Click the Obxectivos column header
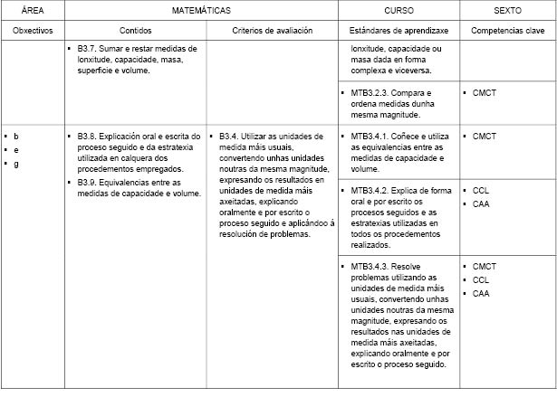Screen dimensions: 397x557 coord(33,30)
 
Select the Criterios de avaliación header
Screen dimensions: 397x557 coord(273,30)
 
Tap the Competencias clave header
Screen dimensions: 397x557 coord(508,30)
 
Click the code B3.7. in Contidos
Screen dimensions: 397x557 coord(90,47)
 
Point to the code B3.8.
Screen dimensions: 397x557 coord(90,137)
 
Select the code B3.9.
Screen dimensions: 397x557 coord(90,182)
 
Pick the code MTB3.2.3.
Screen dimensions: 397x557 coord(369,92)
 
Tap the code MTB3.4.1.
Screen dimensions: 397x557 coord(369,137)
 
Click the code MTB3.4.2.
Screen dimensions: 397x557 coord(369,191)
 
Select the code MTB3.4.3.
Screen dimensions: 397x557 coord(369,267)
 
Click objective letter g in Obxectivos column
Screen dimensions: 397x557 coord(16,164)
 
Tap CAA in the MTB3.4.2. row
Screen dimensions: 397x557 coord(481,204)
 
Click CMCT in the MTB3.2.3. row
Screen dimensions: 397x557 coord(485,92)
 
